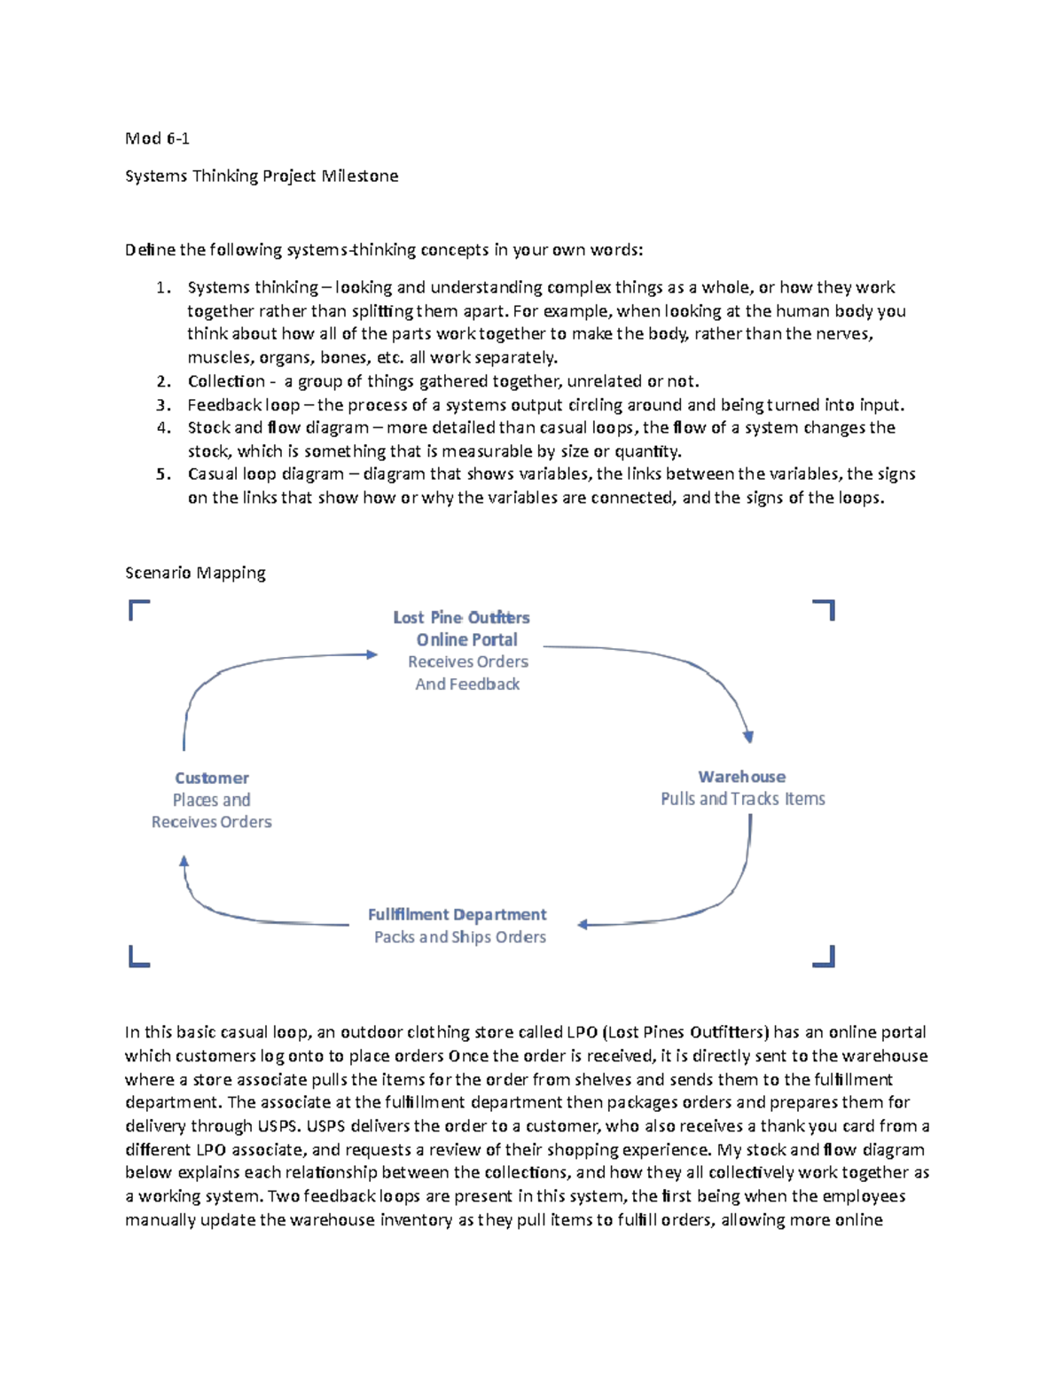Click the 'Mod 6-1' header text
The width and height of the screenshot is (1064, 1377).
(157, 138)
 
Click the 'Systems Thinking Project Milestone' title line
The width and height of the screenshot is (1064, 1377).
(262, 176)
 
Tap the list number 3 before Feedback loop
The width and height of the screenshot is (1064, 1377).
(162, 405)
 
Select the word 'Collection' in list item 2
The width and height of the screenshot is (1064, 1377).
(226, 381)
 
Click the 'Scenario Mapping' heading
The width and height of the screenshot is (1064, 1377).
(195, 573)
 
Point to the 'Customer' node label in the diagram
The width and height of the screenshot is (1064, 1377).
(211, 778)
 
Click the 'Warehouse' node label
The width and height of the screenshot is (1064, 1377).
(741, 777)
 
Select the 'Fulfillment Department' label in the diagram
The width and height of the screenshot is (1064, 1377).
(457, 914)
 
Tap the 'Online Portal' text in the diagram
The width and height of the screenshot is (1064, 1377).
(466, 639)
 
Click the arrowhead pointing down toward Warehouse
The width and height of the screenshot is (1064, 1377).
(748, 736)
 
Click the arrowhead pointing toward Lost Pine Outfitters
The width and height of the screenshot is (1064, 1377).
(372, 654)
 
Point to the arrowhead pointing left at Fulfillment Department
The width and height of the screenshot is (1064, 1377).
(583, 925)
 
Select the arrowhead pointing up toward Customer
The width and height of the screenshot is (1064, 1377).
(184, 860)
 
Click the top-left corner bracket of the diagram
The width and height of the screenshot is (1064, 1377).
(137, 608)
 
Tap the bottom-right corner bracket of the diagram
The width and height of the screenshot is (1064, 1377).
(825, 957)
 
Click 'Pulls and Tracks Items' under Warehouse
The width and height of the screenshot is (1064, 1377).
(742, 799)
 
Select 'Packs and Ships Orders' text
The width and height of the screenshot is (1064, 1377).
(459, 937)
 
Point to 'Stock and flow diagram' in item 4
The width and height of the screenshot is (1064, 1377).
(278, 427)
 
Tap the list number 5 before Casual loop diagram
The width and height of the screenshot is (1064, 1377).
(162, 474)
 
